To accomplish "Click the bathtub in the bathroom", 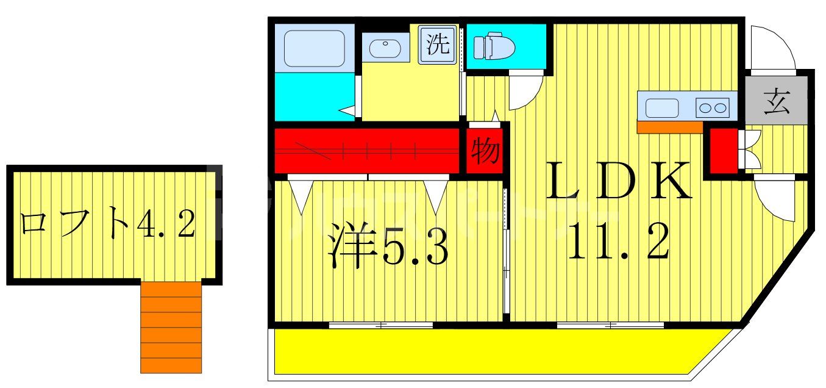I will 315,48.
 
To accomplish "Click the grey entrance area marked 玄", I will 777,101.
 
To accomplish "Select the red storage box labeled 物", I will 485,150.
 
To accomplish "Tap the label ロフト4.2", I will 107,225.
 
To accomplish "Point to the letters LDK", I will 619,181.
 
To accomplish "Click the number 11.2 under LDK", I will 619,240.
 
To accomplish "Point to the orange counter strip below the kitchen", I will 669,127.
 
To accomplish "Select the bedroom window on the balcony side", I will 381,325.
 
